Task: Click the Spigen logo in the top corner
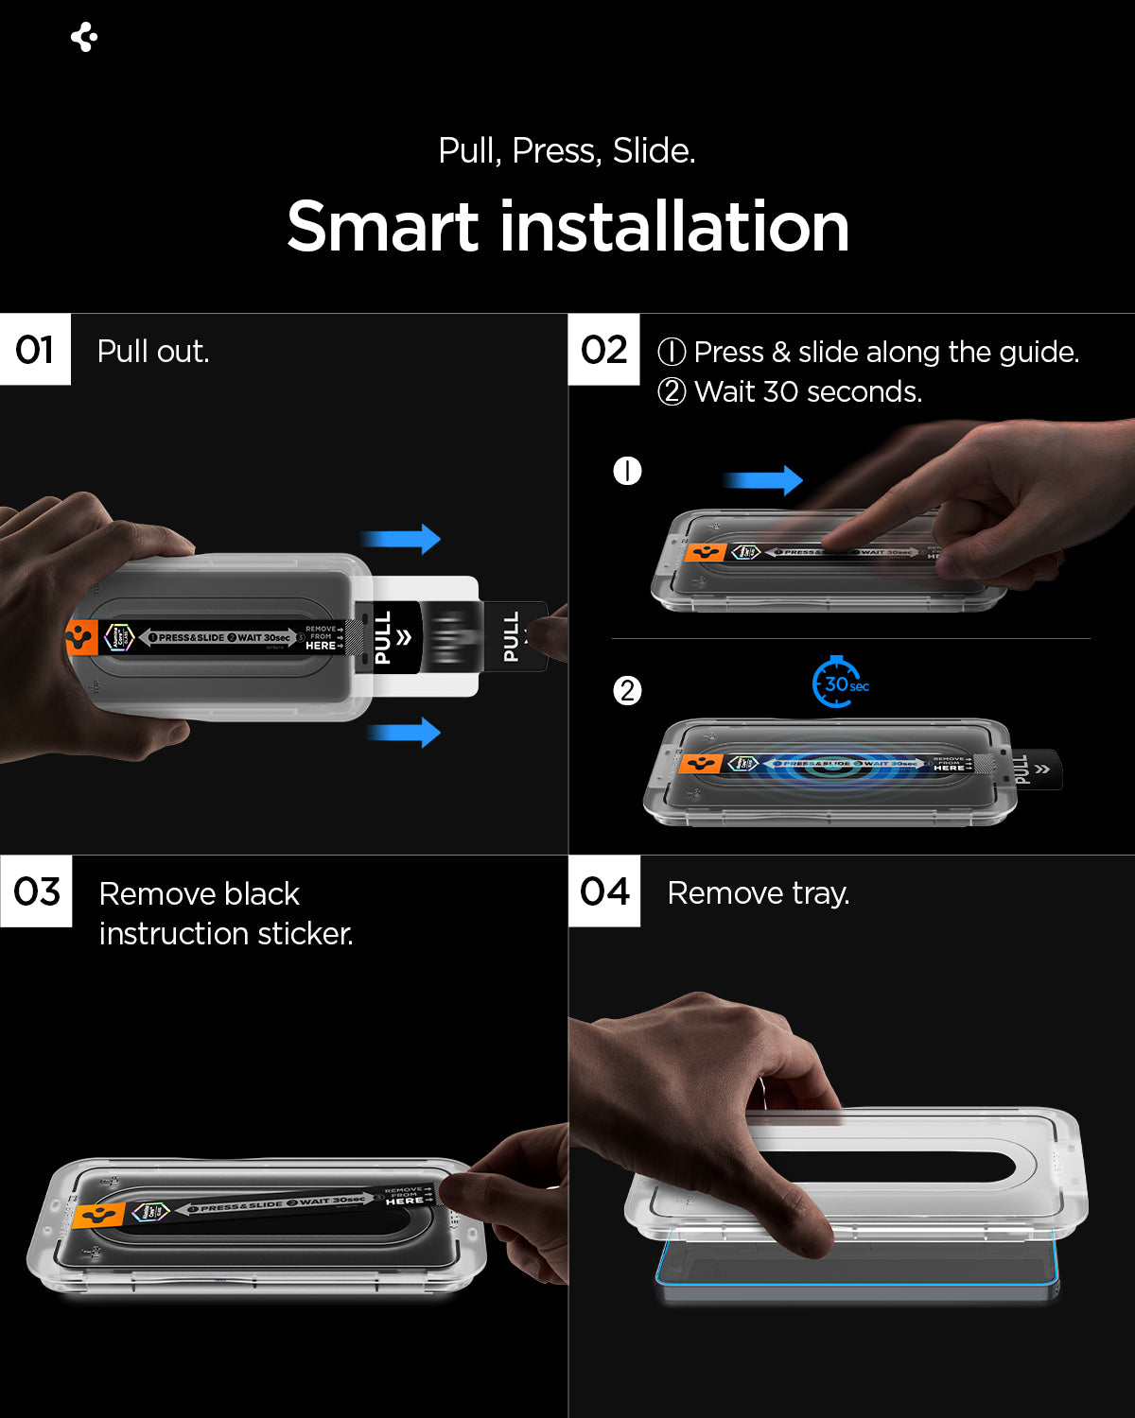(x=84, y=37)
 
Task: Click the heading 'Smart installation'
(x=567, y=227)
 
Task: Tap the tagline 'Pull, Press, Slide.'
(x=567, y=151)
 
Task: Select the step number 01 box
(x=35, y=350)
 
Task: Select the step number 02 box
(x=603, y=350)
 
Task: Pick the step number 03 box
(x=36, y=891)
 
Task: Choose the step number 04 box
(x=604, y=891)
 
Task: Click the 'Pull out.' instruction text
(x=153, y=352)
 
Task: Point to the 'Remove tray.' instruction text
(x=758, y=893)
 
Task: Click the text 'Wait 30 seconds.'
(x=807, y=391)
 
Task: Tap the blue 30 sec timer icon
(x=838, y=683)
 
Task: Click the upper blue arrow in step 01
(x=402, y=539)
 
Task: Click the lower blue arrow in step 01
(x=404, y=732)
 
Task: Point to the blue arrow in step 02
(x=763, y=480)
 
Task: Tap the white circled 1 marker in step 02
(x=627, y=471)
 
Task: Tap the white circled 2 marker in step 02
(x=627, y=691)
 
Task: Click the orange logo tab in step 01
(x=81, y=638)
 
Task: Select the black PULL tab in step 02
(x=1035, y=770)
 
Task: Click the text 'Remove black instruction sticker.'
(x=225, y=913)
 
